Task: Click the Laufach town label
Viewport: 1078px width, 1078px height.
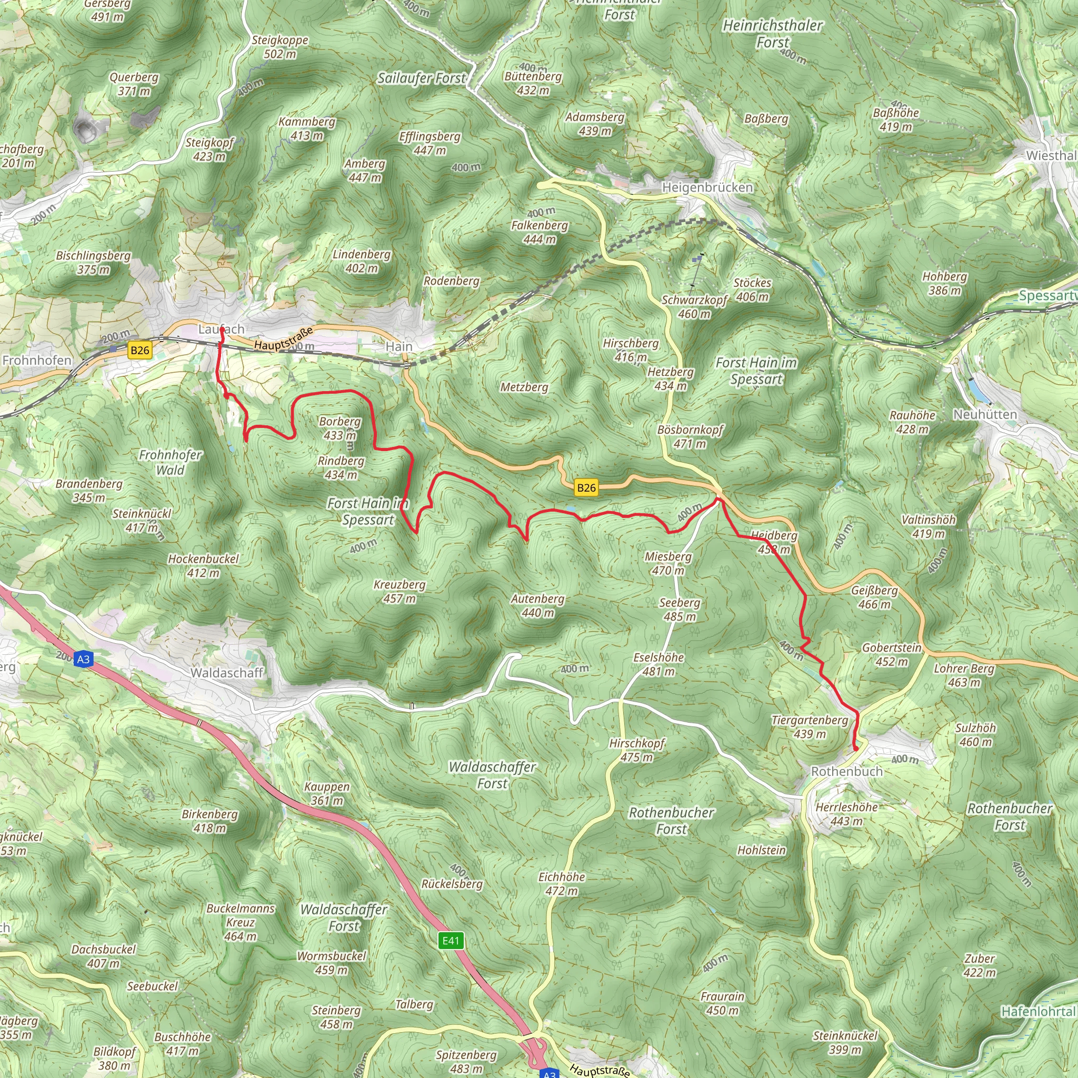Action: tap(222, 329)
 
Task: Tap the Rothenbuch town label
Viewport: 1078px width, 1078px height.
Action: tap(846, 771)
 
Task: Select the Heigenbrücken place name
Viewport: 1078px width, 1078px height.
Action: tap(707, 187)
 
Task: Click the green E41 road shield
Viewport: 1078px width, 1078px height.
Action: tap(450, 941)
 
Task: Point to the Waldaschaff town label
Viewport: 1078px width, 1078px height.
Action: tap(226, 673)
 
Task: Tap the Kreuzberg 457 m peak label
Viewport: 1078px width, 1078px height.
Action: tap(400, 592)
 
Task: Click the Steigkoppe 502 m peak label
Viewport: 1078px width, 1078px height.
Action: tap(280, 47)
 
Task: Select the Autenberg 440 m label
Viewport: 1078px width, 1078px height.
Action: tap(538, 605)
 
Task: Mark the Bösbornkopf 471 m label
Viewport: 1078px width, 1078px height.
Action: tap(690, 436)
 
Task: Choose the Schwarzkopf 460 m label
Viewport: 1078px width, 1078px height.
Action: tap(694, 306)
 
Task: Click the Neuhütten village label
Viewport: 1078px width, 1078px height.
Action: tap(985, 415)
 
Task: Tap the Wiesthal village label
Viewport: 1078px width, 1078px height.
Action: tap(1051, 156)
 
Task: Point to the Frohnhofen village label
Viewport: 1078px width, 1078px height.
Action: tap(37, 361)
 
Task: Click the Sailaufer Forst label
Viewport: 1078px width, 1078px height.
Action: tap(421, 78)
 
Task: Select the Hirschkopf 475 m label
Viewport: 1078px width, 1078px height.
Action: tap(637, 750)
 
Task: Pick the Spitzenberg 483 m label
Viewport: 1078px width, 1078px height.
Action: tap(466, 1061)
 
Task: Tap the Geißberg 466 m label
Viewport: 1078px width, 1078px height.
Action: tap(874, 597)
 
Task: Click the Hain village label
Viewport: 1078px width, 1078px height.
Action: tap(399, 346)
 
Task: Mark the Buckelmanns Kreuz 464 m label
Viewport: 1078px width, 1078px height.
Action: tap(241, 922)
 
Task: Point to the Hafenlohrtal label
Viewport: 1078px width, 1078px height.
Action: tap(1038, 1012)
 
